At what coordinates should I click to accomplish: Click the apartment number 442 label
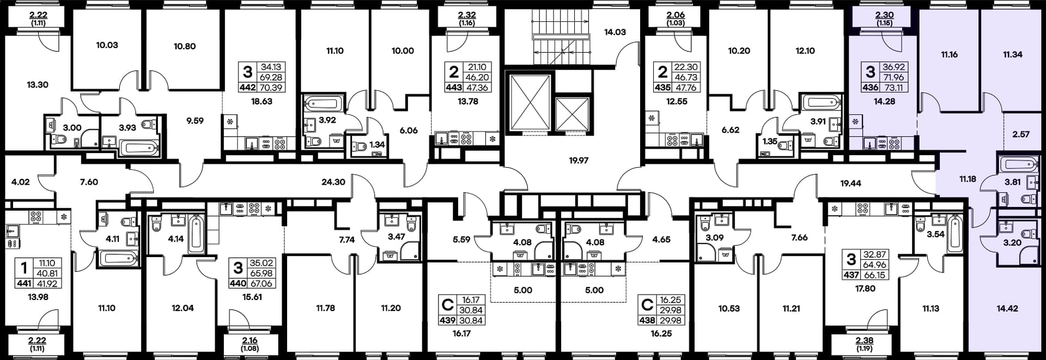[248, 87]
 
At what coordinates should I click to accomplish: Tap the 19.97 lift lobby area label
[579, 161]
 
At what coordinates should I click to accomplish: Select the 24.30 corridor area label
[333, 182]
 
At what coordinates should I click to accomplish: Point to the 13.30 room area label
[38, 85]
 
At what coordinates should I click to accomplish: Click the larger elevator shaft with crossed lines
[530, 103]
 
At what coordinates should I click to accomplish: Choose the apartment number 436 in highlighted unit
[871, 87]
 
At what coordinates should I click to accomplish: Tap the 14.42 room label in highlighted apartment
[1007, 308]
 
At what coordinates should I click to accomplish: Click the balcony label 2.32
[467, 15]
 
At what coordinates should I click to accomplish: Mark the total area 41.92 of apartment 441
[47, 284]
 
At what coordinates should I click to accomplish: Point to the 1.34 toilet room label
[377, 145]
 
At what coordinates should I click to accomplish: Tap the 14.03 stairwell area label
[615, 32]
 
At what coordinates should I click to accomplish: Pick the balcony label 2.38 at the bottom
[865, 341]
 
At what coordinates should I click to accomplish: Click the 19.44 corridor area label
[850, 184]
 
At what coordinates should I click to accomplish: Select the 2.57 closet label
[1021, 134]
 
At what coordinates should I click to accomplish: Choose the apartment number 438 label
[647, 320]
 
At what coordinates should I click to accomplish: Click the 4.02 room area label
[21, 182]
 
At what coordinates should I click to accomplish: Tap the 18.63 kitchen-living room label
[261, 101]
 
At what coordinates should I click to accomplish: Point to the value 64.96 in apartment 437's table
[875, 265]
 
